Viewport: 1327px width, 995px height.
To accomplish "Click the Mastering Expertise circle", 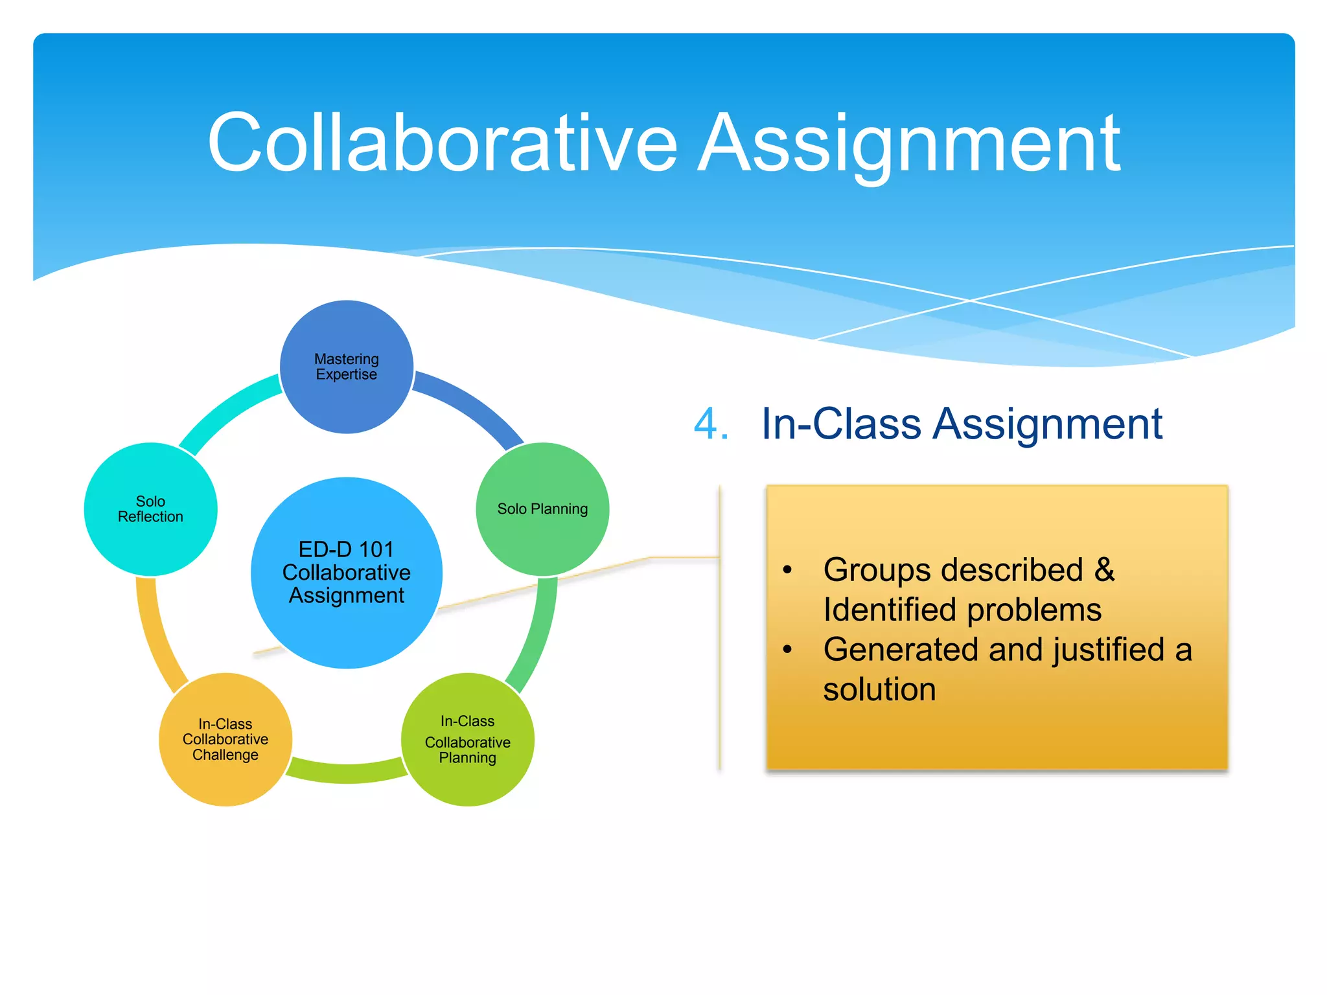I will (347, 367).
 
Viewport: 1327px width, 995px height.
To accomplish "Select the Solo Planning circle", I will (542, 509).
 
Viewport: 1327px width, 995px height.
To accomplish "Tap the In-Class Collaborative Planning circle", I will (467, 739).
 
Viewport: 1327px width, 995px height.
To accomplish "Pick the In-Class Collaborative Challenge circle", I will (225, 739).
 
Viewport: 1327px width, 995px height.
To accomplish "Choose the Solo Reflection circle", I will (150, 509).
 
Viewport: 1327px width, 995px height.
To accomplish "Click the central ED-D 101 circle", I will (347, 573).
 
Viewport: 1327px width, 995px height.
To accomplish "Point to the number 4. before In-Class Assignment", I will (711, 424).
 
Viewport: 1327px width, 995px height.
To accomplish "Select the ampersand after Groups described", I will (1104, 570).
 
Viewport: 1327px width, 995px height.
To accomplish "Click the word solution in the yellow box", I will (879, 689).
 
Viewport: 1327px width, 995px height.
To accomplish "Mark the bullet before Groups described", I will (787, 570).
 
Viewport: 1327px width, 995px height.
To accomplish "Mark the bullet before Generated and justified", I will (787, 649).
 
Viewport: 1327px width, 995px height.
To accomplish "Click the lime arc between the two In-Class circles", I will (347, 772).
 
